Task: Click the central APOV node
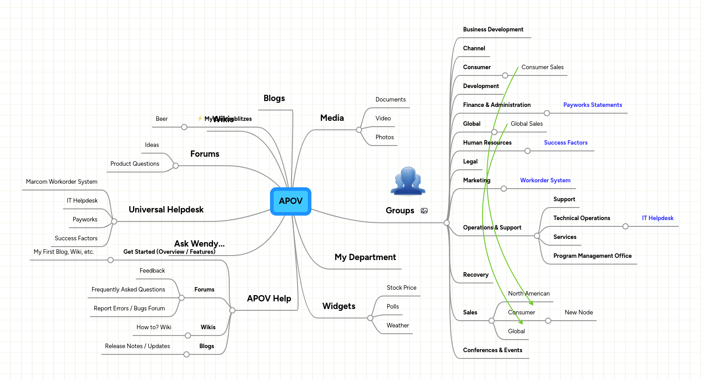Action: pos(291,201)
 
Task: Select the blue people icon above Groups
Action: pos(408,181)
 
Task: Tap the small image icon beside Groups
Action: pos(424,211)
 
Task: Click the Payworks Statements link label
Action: pos(592,105)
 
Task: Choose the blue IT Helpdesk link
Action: pos(657,218)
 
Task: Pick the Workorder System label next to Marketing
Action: pos(545,181)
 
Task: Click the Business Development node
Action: pos(493,30)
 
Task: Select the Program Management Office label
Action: pos(592,256)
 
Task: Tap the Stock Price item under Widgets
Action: pos(401,288)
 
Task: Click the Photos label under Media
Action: pos(385,137)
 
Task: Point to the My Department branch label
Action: pos(365,257)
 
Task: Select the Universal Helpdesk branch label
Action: pos(166,210)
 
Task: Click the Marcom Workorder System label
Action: pos(62,182)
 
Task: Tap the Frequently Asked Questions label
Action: pos(128,290)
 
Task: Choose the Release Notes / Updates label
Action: pos(138,346)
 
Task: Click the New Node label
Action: pos(579,313)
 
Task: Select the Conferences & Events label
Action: pos(492,350)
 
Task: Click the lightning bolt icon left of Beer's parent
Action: pos(200,119)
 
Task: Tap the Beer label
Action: pos(162,119)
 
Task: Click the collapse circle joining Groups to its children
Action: pos(447,223)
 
